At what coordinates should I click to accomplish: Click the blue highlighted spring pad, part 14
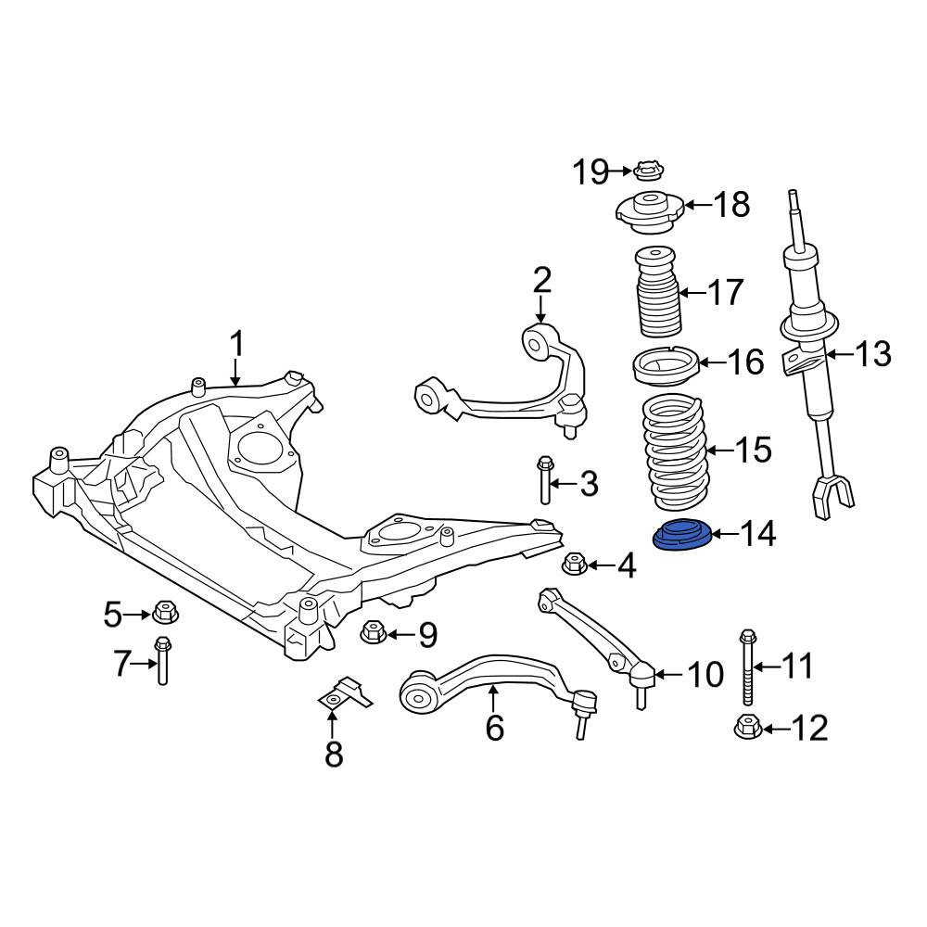(x=681, y=535)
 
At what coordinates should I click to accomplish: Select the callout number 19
(x=590, y=172)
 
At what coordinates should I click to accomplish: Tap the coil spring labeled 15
(x=674, y=453)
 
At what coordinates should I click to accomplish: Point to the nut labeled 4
(x=573, y=564)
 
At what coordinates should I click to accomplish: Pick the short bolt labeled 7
(x=162, y=660)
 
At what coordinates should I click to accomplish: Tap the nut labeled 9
(x=373, y=631)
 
